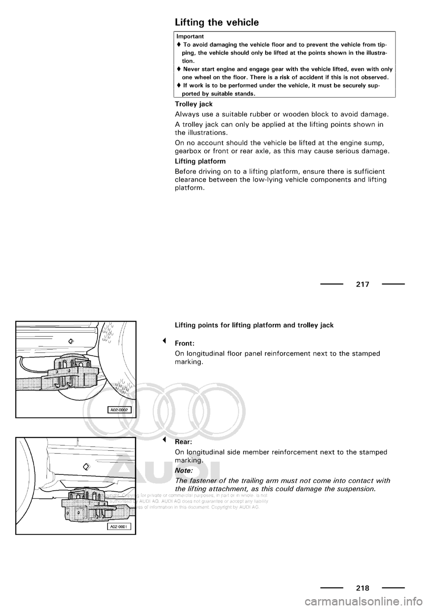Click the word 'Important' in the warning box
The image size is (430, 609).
[190, 36]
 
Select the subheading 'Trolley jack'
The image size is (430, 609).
[193, 104]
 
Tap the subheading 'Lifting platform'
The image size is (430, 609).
[200, 161]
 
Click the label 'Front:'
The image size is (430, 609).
[184, 344]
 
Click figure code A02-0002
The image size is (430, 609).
[119, 409]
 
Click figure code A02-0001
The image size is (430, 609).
[119, 527]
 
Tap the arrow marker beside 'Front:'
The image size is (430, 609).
[165, 341]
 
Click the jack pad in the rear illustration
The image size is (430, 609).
[94, 505]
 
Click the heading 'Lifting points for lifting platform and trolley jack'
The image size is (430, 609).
[254, 325]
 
